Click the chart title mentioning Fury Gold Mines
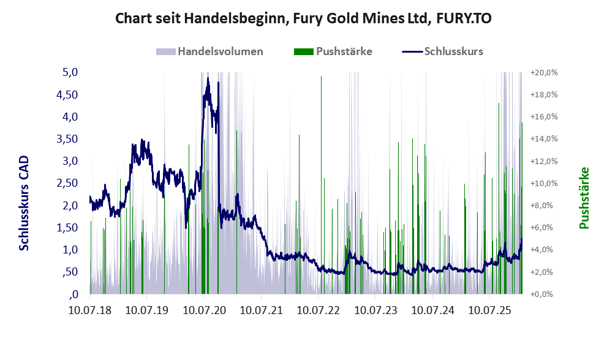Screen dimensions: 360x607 point(303,19)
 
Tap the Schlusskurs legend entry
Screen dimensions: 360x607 point(453,51)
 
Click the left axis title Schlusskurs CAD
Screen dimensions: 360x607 point(24,203)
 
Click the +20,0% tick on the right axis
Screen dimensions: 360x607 point(544,72)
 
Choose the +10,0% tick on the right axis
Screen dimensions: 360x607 point(544,183)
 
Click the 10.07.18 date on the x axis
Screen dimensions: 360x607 point(90,311)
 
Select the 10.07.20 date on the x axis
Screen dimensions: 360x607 point(205,311)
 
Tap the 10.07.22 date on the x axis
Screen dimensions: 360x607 point(319,311)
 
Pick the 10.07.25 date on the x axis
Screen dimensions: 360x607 point(491,311)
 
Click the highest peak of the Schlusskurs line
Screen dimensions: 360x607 point(208,78)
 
